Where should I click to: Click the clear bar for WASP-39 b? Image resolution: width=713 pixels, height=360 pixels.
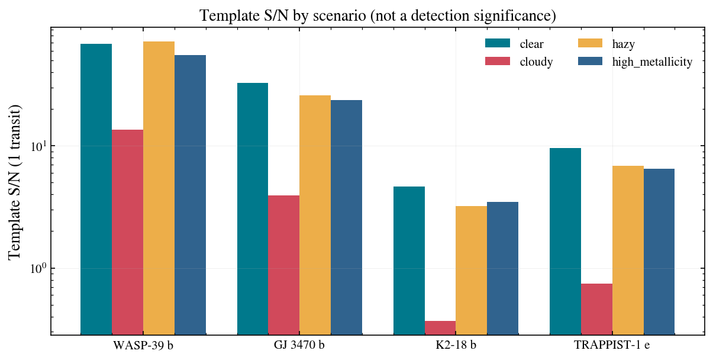(x=96, y=189)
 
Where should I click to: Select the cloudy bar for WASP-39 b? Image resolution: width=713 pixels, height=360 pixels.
(x=127, y=232)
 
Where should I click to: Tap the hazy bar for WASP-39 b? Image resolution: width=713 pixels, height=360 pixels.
(x=159, y=188)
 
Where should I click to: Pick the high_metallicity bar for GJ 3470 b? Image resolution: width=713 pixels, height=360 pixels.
(x=346, y=217)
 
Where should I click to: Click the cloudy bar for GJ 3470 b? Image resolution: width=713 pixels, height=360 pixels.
(x=283, y=265)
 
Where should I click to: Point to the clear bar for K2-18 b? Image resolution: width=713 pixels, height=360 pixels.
(x=409, y=261)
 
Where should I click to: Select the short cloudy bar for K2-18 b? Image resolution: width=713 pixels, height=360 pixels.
(x=440, y=328)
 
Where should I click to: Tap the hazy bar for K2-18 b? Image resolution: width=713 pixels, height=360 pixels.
(x=472, y=271)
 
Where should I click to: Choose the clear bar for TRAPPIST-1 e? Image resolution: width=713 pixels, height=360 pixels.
(x=565, y=242)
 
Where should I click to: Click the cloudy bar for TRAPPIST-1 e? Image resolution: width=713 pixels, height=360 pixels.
(x=596, y=309)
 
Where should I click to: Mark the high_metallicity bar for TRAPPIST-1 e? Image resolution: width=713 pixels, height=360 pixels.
(x=659, y=252)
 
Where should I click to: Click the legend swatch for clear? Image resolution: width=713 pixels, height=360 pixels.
(x=498, y=43)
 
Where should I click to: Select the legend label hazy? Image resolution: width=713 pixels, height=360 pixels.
(x=623, y=44)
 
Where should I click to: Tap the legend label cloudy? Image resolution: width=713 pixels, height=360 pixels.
(x=536, y=62)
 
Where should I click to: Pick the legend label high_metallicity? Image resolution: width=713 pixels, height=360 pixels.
(x=652, y=62)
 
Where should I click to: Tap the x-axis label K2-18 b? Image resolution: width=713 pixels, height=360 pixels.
(x=456, y=345)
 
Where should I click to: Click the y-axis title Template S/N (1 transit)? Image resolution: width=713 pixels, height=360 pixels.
(x=14, y=182)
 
